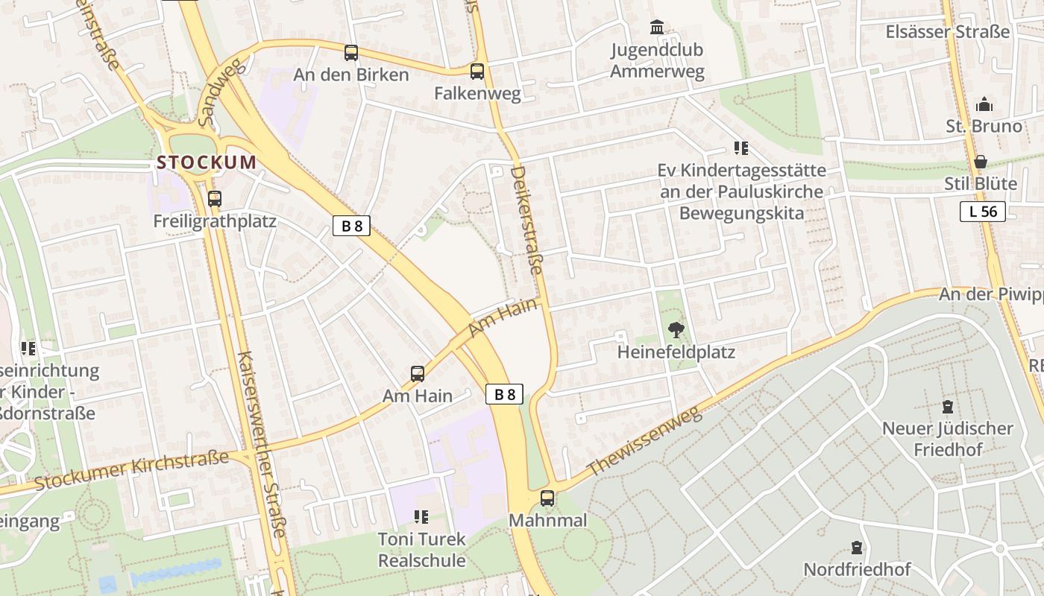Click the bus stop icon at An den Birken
tap(351, 53)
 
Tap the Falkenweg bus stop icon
tap(477, 72)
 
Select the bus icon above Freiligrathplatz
tap(215, 199)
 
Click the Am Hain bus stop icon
tap(418, 373)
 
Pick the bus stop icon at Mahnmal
tap(547, 498)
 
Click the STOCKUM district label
tap(207, 162)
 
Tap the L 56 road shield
tap(982, 212)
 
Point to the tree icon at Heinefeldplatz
tap(676, 329)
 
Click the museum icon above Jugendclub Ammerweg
tap(657, 28)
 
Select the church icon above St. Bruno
tap(984, 104)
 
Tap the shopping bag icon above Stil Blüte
tap(981, 161)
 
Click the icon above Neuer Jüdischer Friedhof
tap(947, 407)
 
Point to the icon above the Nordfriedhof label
tap(857, 548)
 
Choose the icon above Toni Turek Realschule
tap(421, 516)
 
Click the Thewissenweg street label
tap(645, 442)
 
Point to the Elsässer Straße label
tap(947, 32)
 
